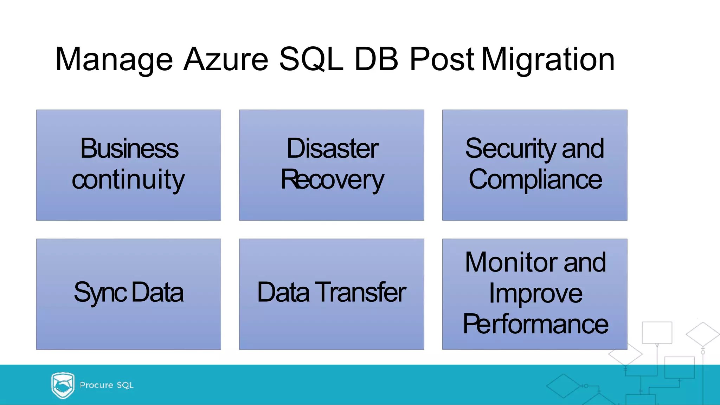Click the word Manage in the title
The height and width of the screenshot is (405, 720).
click(114, 60)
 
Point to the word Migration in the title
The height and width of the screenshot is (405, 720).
click(548, 60)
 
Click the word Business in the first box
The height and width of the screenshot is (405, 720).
click(129, 148)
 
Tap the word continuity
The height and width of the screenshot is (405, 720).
click(128, 179)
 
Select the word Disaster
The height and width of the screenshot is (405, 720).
click(332, 148)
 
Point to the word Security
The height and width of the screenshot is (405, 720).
click(511, 149)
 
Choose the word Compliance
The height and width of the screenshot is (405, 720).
click(535, 179)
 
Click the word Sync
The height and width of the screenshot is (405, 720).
click(100, 293)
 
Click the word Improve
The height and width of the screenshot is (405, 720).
click(535, 293)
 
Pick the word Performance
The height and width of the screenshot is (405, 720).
click(535, 324)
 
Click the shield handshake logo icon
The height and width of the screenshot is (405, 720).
click(63, 385)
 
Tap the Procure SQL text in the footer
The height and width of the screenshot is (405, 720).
click(107, 385)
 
